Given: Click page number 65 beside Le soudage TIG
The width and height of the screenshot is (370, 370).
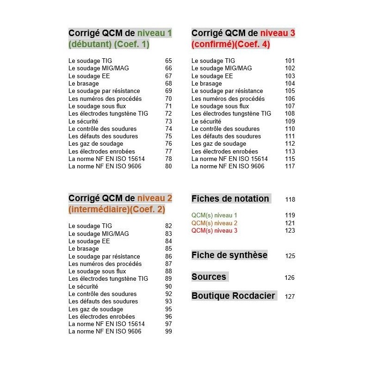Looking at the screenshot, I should pyautogui.click(x=168, y=61).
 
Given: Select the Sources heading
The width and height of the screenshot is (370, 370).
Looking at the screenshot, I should pyautogui.click(x=209, y=277).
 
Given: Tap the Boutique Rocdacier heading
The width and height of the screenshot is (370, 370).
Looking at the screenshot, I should pyautogui.click(x=233, y=296).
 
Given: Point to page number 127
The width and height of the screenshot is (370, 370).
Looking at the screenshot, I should pyautogui.click(x=290, y=296).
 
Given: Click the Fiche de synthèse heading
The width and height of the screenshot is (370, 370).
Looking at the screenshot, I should pyautogui.click(x=229, y=255).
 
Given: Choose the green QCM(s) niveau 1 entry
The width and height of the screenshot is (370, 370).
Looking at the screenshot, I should pyautogui.click(x=214, y=215).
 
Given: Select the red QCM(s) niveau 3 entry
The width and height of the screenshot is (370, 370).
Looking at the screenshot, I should pyautogui.click(x=214, y=230).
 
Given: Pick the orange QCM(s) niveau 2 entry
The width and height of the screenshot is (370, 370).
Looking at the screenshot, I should pyautogui.click(x=214, y=223).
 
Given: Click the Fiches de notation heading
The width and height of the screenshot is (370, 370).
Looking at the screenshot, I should pyautogui.click(x=230, y=198).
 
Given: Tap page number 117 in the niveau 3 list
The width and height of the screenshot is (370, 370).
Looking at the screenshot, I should pyautogui.click(x=290, y=166).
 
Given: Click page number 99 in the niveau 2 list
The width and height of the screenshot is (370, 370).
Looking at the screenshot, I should pyautogui.click(x=168, y=332).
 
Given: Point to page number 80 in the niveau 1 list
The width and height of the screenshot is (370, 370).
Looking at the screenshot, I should pyautogui.click(x=168, y=166).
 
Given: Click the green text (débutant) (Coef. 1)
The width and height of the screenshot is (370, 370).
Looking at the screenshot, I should pyautogui.click(x=109, y=45).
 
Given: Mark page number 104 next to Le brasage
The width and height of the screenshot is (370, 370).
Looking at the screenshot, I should pyautogui.click(x=290, y=83).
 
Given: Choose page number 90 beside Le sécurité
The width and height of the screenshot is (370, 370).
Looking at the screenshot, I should pyautogui.click(x=168, y=286).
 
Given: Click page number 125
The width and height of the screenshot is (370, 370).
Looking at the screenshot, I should pyautogui.click(x=290, y=256).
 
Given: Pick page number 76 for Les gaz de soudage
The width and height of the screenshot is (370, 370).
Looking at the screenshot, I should pyautogui.click(x=168, y=144).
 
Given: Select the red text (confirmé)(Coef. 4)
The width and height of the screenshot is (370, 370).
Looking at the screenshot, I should pyautogui.click(x=231, y=45).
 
